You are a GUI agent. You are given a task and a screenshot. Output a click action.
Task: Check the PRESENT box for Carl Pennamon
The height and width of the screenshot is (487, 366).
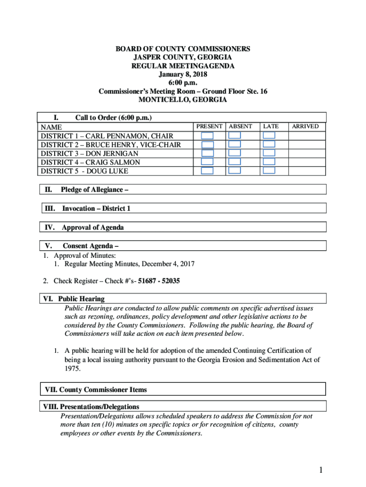click(x=207, y=136)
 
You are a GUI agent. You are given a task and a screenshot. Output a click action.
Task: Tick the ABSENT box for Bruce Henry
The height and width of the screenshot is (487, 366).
click(x=235, y=144)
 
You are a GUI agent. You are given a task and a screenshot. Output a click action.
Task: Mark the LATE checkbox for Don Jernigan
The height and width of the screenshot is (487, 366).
click(x=269, y=153)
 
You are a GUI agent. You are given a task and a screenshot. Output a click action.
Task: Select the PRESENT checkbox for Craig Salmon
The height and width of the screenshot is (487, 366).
click(x=207, y=162)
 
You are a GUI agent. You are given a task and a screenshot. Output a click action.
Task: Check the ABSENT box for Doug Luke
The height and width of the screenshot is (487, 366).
click(x=235, y=170)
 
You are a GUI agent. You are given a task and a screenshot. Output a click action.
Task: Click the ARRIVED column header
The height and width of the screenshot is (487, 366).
click(x=305, y=127)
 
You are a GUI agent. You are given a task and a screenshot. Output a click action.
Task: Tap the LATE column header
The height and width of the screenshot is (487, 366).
click(x=271, y=127)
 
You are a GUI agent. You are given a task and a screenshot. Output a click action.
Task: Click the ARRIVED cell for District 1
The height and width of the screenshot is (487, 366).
click(x=307, y=136)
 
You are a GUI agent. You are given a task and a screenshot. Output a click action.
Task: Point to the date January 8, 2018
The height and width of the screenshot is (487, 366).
click(x=183, y=74)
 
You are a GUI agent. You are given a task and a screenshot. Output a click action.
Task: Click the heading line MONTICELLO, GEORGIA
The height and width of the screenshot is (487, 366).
click(x=183, y=100)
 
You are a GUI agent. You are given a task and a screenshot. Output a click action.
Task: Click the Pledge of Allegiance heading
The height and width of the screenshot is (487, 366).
click(x=95, y=190)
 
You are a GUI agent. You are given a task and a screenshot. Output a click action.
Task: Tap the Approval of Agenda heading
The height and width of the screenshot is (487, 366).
click(x=93, y=227)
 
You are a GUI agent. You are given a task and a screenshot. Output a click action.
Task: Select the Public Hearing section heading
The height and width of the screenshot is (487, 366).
click(x=81, y=299)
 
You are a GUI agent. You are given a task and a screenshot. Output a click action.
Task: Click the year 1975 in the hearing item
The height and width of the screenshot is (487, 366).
click(x=72, y=369)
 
